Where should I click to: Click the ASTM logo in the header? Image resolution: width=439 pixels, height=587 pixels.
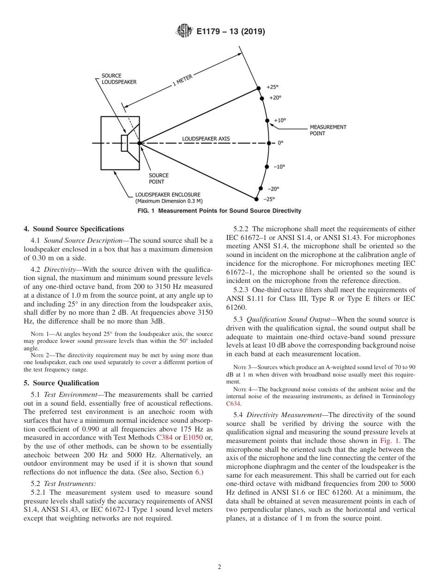point(184,32)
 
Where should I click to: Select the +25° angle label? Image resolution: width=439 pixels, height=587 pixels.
point(273,87)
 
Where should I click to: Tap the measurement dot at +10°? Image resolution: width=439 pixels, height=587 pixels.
point(267,121)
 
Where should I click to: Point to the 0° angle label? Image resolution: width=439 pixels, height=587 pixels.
point(280,143)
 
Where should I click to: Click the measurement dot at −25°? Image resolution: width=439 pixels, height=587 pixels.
point(256,199)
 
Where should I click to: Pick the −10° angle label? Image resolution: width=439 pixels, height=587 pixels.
point(279,167)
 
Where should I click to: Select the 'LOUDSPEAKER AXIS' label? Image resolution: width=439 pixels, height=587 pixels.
point(206,138)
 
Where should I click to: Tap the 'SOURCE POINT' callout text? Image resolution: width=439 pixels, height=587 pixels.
point(159,179)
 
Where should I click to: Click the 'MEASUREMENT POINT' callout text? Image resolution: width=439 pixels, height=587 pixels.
point(328,130)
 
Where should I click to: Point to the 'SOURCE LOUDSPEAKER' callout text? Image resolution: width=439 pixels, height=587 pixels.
point(119,79)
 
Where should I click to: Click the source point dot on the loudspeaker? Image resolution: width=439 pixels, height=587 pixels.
point(139,143)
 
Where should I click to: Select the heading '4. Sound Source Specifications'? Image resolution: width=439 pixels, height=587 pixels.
point(74,229)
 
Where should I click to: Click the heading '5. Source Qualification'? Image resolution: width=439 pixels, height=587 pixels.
point(61,383)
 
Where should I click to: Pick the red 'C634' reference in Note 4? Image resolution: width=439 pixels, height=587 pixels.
point(233,403)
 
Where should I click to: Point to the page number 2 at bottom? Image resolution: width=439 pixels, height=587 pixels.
point(219,567)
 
